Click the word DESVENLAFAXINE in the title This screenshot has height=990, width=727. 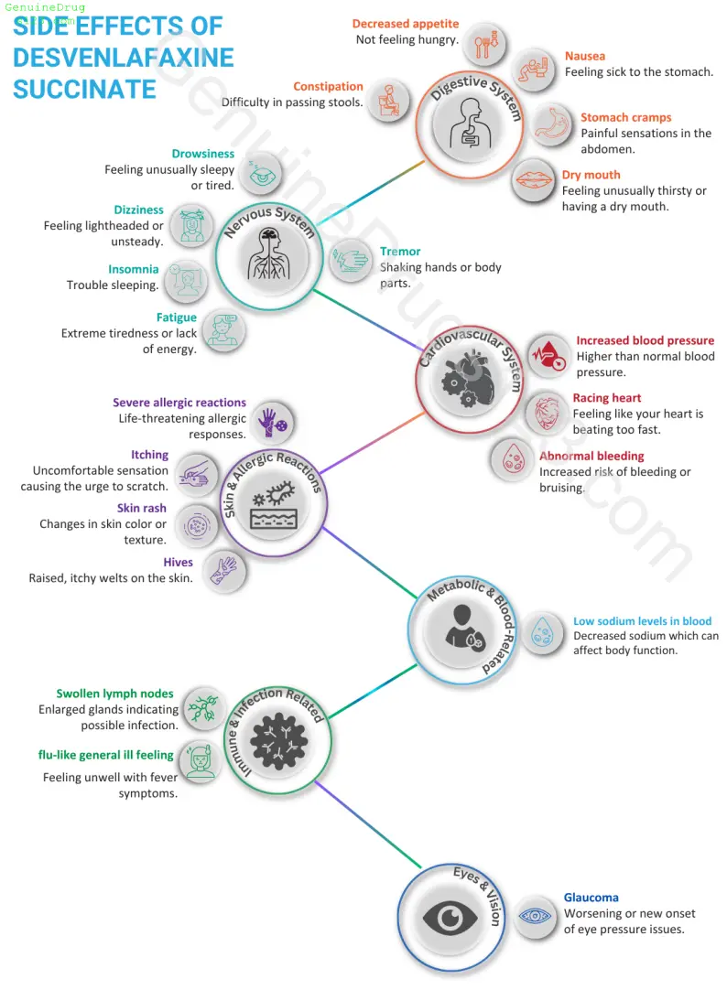click(x=124, y=58)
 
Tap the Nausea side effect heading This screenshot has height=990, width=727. click(x=585, y=56)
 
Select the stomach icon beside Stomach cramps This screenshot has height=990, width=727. click(x=551, y=124)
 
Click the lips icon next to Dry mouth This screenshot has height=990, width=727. click(x=534, y=180)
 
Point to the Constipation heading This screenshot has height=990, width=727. click(x=328, y=87)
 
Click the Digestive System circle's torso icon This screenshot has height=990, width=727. click(x=470, y=124)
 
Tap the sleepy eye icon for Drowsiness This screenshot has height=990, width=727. click(x=262, y=172)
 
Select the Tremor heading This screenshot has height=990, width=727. click(x=400, y=252)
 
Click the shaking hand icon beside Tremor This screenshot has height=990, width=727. click(x=350, y=260)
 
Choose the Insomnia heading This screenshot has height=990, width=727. click(x=134, y=270)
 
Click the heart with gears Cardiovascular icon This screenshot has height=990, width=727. click(x=469, y=380)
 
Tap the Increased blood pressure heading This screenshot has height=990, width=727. click(x=645, y=341)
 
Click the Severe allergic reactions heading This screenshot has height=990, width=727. click(x=179, y=403)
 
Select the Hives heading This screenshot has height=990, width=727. click(x=179, y=563)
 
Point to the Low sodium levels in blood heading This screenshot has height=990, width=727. click(x=643, y=621)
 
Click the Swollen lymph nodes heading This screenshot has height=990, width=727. click(x=114, y=694)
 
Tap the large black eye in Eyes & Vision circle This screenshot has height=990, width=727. click(x=450, y=918)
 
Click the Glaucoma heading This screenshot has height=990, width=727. click(x=591, y=898)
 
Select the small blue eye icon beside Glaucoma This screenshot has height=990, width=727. click(x=535, y=916)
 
